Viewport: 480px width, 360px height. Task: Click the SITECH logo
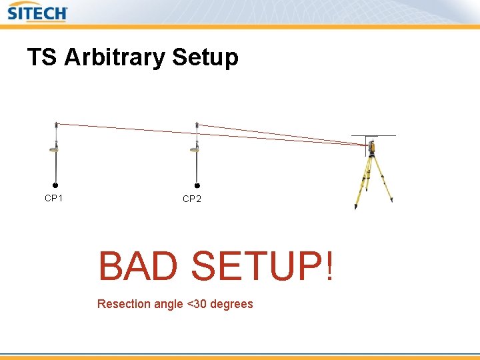pyautogui.click(x=37, y=12)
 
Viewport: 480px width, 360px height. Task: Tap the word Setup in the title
pyautogui.click(x=205, y=59)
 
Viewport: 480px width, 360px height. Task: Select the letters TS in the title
pyautogui.click(x=42, y=57)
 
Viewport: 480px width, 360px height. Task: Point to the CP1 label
pyautogui.click(x=54, y=198)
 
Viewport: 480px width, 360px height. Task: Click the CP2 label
pyautogui.click(x=192, y=199)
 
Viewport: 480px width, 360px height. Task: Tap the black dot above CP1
pyautogui.click(x=55, y=186)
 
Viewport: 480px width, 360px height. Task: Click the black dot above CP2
pyautogui.click(x=197, y=187)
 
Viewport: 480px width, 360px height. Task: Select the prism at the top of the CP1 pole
pyautogui.click(x=57, y=125)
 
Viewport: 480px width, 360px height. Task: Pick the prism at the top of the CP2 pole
pyautogui.click(x=197, y=125)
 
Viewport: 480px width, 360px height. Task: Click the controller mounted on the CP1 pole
pyautogui.click(x=54, y=149)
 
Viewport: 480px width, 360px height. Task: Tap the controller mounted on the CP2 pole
pyautogui.click(x=195, y=149)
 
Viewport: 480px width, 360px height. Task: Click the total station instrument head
pyautogui.click(x=371, y=147)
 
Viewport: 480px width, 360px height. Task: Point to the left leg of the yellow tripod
pyautogui.click(x=361, y=183)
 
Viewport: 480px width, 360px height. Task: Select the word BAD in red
pyautogui.click(x=138, y=267)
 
